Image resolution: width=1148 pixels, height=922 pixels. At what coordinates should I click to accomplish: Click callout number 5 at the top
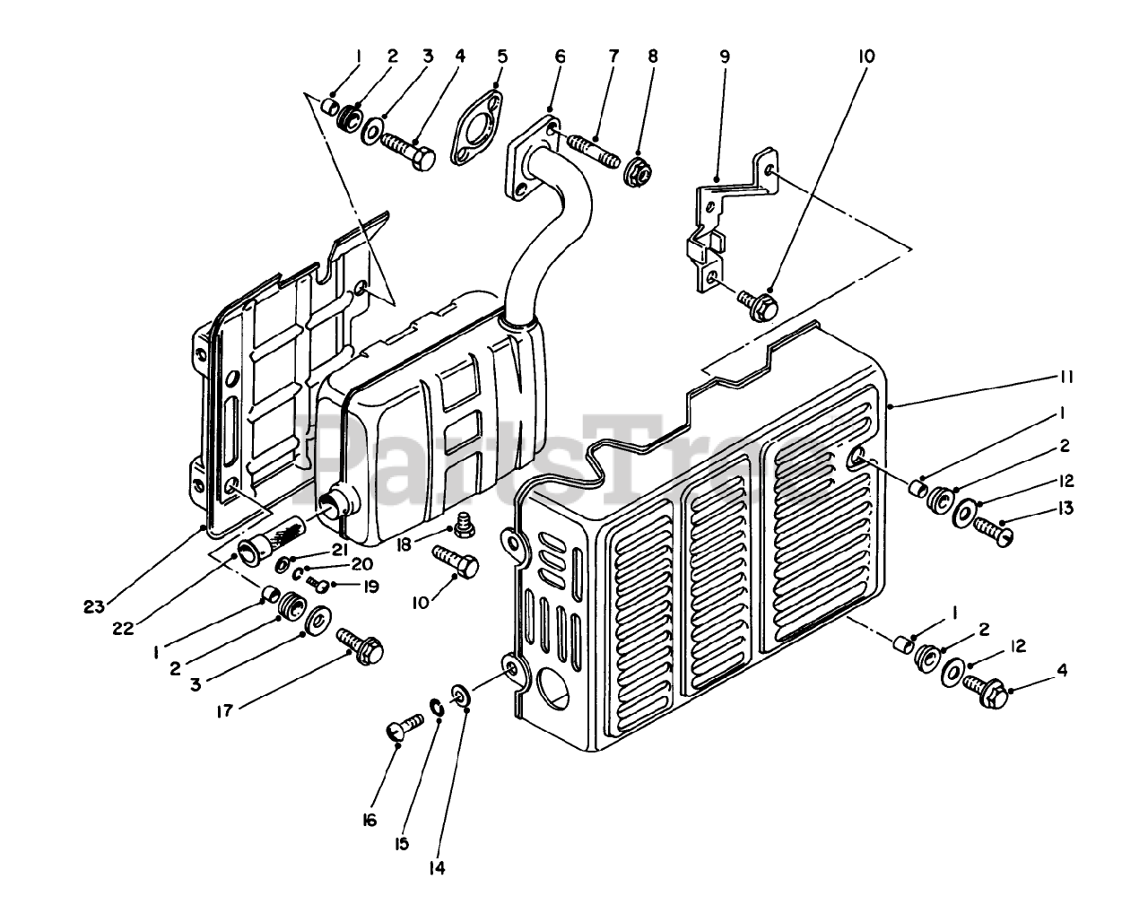click(501, 56)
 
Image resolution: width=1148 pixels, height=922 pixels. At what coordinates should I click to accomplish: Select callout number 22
click(123, 629)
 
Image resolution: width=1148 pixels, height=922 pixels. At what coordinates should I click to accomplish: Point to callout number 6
click(561, 56)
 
